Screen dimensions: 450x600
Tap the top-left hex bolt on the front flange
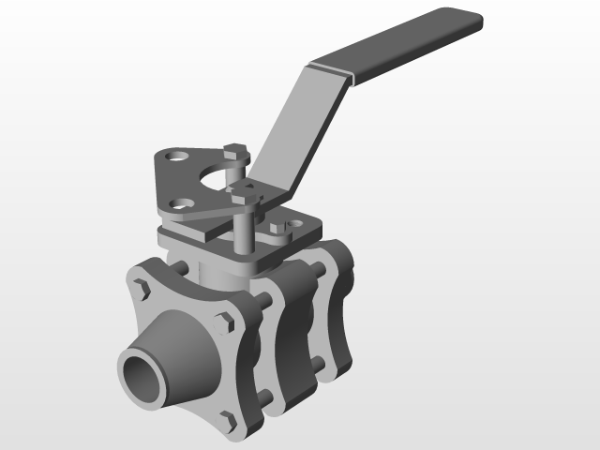[x=142, y=288]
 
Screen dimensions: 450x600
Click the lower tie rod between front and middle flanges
[x=266, y=398]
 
